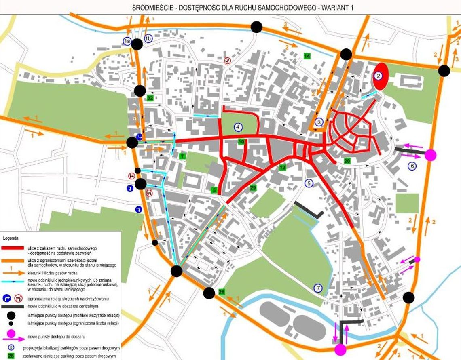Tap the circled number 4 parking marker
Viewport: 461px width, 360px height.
click(238, 127)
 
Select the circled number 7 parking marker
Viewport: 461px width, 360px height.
click(319, 288)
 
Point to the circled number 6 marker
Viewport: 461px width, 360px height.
click(412, 166)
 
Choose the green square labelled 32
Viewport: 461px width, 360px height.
click(150, 98)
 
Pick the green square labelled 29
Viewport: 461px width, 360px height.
click(253, 188)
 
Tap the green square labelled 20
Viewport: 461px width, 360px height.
click(347, 161)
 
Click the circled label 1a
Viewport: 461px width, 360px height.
click(127, 41)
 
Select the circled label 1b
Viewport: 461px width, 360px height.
click(148, 38)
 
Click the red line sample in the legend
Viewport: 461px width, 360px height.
click(13, 248)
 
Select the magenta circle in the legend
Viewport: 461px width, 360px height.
click(11, 334)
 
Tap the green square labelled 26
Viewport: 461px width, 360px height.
click(221, 292)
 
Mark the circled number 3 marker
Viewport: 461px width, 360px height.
click(319, 122)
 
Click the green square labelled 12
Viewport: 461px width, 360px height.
click(282, 167)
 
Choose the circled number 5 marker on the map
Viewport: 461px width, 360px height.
click(309, 183)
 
